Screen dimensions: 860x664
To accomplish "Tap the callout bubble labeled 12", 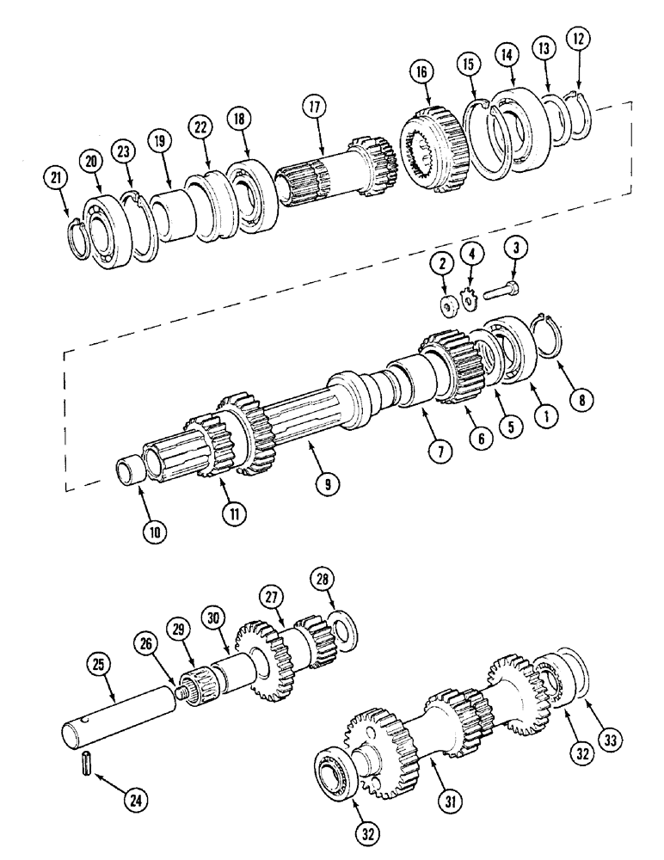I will [x=577, y=39].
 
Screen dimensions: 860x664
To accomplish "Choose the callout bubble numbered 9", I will [x=327, y=484].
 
